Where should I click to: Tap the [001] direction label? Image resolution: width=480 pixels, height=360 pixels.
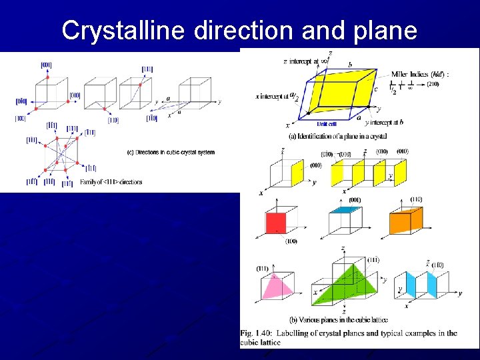coord(46,65)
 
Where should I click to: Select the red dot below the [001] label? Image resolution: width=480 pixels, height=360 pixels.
coord(47,78)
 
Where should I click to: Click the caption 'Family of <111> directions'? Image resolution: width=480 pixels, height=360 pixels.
coord(111,182)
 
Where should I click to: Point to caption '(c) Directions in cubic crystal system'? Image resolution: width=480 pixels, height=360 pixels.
coord(171,152)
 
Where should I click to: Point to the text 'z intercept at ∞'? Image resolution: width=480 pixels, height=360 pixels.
coord(305,61)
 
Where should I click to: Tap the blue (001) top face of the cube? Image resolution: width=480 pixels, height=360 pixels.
coord(345,209)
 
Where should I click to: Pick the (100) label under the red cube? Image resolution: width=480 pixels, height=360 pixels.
coord(291,241)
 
